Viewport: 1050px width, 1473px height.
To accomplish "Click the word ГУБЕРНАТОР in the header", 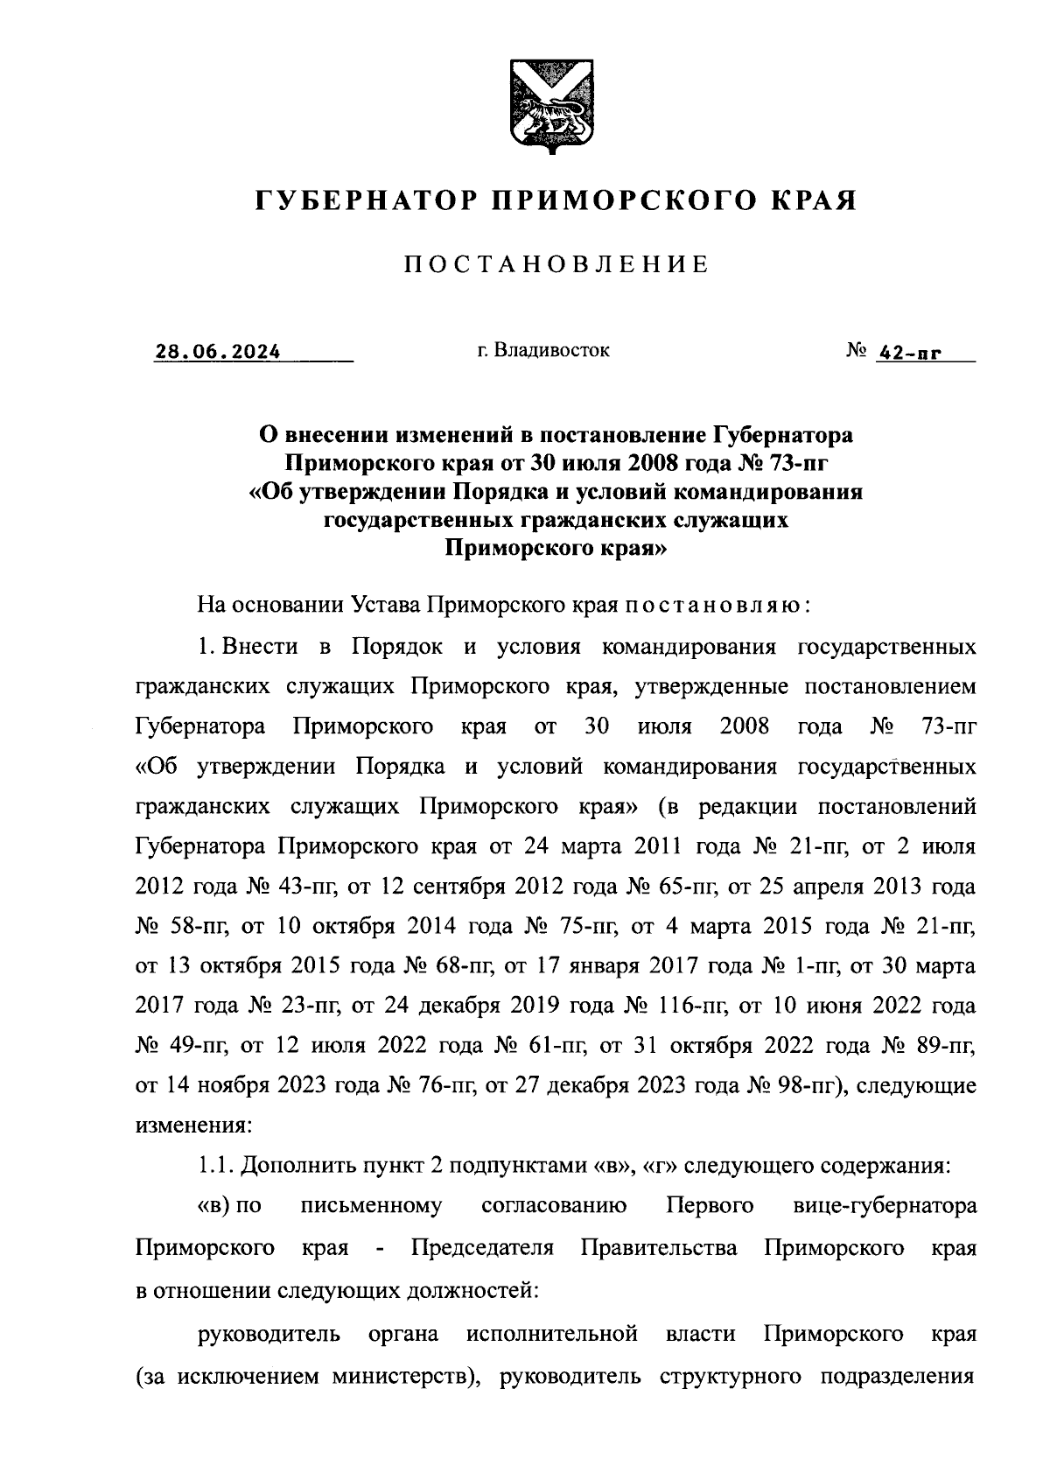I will pyautogui.click(x=361, y=202).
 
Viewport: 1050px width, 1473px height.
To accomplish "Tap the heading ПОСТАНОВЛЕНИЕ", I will pyautogui.click(x=556, y=264).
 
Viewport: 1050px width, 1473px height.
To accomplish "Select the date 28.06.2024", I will pyautogui.click(x=218, y=353).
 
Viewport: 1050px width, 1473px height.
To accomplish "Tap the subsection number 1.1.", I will pyautogui.click(x=214, y=1167).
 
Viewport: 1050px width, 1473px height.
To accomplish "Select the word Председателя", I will pyautogui.click(x=482, y=1247).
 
